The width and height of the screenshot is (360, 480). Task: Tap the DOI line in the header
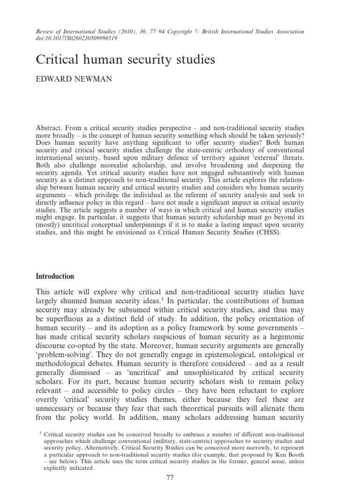coord(76,38)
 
